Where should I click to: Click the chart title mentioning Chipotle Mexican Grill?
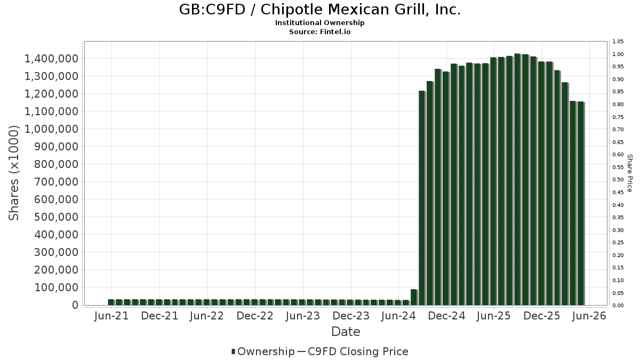point(319,10)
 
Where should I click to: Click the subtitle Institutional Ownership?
point(319,23)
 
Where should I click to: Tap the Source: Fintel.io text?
point(319,31)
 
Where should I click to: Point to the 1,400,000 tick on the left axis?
point(51,59)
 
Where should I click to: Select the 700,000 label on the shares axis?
point(56,182)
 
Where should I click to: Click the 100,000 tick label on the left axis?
point(56,287)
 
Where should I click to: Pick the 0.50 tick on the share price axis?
point(618,180)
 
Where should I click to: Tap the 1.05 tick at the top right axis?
point(618,42)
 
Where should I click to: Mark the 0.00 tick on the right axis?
point(618,306)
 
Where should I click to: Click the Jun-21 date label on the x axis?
point(111,316)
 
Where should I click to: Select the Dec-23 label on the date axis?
point(351,316)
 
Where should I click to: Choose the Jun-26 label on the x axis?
point(589,316)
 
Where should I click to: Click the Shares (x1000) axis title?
point(13,173)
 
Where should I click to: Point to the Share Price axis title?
point(630,173)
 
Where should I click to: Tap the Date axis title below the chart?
point(346,332)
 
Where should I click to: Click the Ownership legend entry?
point(263,351)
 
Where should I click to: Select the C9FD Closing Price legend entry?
point(353,351)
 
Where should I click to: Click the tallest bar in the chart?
point(517,179)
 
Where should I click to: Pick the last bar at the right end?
point(581,203)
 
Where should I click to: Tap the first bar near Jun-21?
point(111,302)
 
